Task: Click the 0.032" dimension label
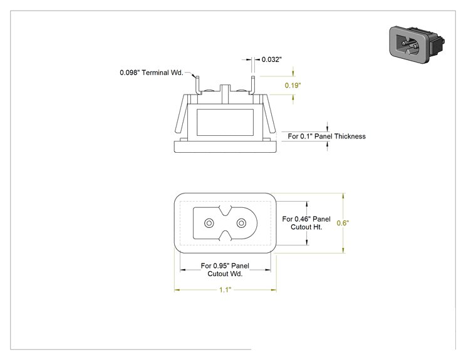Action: [x=272, y=59]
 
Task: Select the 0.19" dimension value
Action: [x=293, y=86]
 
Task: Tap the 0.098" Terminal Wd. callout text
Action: [x=152, y=73]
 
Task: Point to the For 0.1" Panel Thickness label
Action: [x=326, y=136]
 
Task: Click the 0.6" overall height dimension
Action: [x=343, y=223]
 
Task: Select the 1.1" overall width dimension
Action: [x=225, y=290]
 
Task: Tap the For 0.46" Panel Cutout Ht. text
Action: [x=306, y=223]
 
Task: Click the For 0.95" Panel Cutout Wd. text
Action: [x=225, y=270]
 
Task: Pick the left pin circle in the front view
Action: [x=209, y=223]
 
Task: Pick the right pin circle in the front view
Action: [x=241, y=223]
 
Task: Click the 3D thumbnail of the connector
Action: [x=417, y=44]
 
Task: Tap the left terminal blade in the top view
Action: [x=197, y=85]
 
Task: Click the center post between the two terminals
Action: [x=225, y=94]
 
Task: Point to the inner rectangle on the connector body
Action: [x=225, y=122]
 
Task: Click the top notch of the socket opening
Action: [x=225, y=210]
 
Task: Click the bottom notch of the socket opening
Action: [x=225, y=235]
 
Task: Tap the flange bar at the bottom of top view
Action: [x=225, y=147]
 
